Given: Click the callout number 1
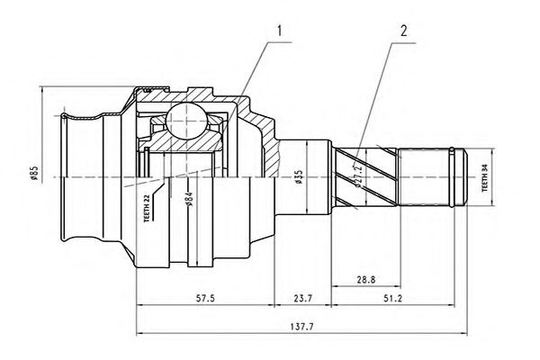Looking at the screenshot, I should pos(280,33).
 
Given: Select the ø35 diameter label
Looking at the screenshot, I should pos(297,176).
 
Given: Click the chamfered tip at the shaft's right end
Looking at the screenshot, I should pos(464,176).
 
